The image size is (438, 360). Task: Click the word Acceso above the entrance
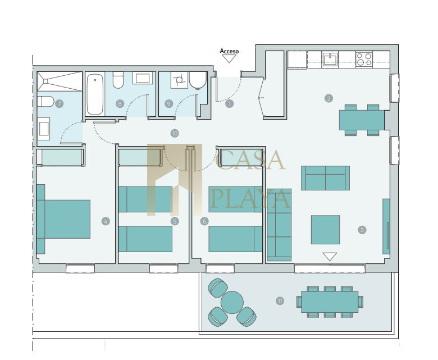229,51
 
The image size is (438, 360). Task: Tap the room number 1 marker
229,104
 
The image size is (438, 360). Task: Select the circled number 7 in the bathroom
59,103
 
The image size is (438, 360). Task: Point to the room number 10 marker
175,133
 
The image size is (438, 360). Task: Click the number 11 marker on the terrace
280,301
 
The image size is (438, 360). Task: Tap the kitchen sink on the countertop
330,60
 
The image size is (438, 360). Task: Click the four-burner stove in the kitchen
364,60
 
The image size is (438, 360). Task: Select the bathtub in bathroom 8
95,94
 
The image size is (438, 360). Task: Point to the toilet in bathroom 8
118,80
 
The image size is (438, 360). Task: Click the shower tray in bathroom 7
60,81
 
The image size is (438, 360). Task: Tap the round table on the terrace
232,302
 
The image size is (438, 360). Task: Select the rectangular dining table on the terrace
330,302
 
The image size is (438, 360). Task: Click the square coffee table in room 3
326,230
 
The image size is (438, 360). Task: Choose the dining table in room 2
362,120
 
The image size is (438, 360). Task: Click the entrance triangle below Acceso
229,58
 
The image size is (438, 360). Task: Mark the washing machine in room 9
179,80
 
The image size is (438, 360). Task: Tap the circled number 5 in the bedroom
175,221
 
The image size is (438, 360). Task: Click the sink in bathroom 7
44,129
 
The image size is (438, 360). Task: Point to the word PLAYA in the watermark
250,198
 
